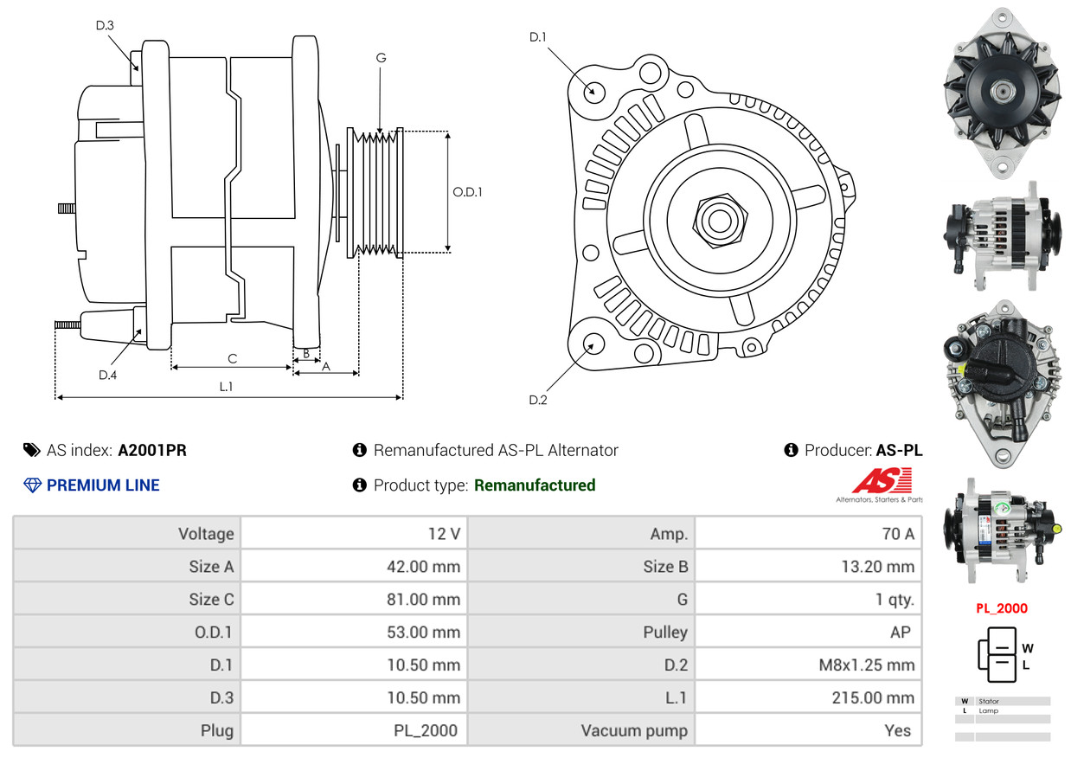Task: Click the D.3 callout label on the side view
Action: click(105, 25)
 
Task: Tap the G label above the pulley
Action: click(381, 58)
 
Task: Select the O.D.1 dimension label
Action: click(467, 192)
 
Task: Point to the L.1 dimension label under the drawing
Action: click(226, 387)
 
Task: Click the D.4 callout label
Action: click(107, 375)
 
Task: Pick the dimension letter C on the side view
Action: click(232, 358)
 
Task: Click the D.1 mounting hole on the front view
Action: click(593, 90)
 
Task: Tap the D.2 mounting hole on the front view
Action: click(593, 344)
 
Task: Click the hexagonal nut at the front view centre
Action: click(717, 219)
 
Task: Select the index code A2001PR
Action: click(152, 450)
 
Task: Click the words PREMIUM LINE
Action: click(103, 485)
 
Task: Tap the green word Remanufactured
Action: click(535, 485)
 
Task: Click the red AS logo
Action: click(882, 481)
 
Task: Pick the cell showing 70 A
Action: click(897, 534)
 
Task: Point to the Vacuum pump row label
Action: click(634, 731)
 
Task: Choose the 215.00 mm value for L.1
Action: click(873, 698)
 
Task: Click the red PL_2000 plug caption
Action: click(1002, 608)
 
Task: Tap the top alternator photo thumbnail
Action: click(1002, 90)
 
